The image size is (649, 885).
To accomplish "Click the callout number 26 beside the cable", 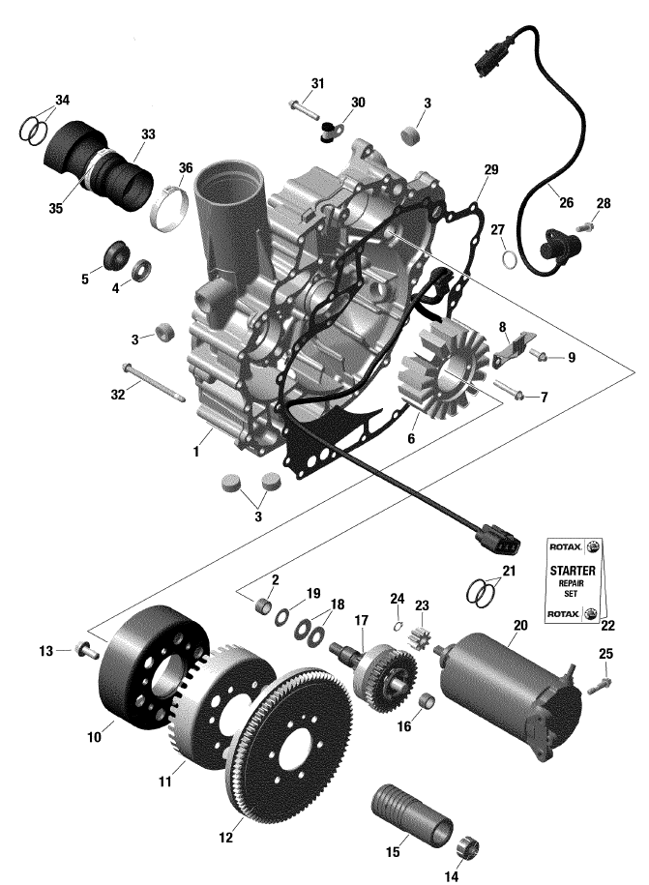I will click(x=566, y=203).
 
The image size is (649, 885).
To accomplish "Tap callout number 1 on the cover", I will click(x=197, y=451).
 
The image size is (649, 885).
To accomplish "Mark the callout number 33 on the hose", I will click(x=147, y=133).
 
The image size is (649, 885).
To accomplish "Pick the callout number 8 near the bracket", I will click(x=502, y=328).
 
